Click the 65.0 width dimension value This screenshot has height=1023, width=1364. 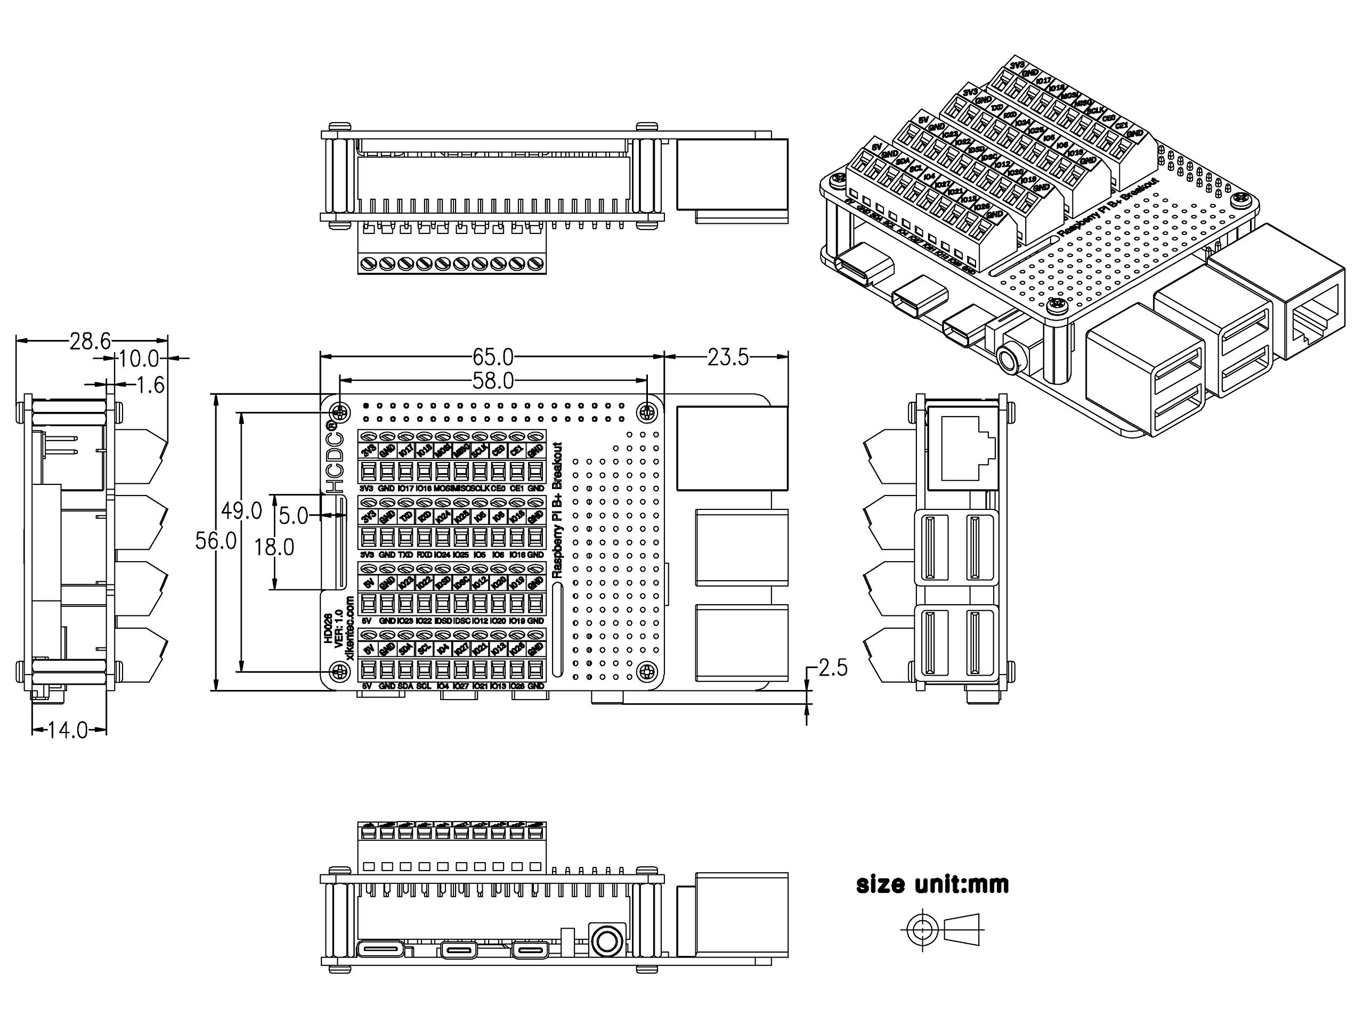493,356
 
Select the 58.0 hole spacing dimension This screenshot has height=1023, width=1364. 493,381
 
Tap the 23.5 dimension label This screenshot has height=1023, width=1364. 728,356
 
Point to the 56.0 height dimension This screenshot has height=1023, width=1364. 216,541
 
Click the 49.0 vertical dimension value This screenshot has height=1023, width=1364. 242,510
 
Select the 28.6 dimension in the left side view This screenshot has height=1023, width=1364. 90,341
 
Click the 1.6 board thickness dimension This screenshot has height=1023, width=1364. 150,385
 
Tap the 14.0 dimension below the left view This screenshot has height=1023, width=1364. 68,730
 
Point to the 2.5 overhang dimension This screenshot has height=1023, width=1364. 832,667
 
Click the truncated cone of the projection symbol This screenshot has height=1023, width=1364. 962,929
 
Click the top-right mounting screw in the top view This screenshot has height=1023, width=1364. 647,411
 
